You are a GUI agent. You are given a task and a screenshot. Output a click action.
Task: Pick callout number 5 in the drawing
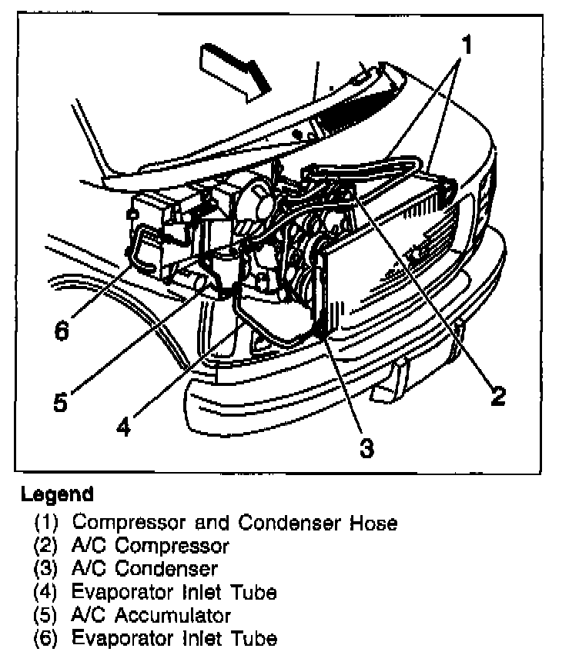pos(61,401)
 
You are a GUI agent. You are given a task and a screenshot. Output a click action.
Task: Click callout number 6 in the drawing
pos(62,331)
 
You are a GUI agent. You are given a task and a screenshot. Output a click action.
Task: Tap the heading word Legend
pos(58,494)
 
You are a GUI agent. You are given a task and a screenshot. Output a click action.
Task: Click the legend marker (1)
pos(45,524)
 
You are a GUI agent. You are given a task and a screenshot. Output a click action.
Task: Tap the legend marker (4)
pos(45,593)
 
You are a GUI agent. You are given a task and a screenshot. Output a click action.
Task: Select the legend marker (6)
pos(45,638)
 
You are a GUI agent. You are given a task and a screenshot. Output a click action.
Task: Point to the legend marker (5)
pos(45,615)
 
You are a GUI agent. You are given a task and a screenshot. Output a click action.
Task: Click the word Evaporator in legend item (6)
pos(119,638)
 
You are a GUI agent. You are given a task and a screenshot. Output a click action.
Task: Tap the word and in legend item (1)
pos(209,524)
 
